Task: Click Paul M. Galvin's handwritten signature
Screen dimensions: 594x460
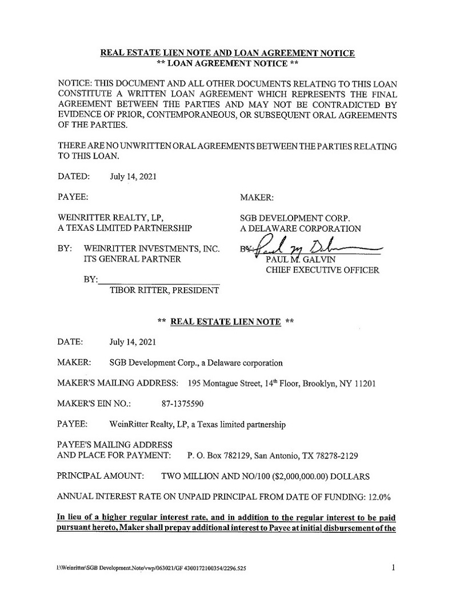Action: (x=309, y=248)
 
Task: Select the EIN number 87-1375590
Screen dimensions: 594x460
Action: (x=184, y=404)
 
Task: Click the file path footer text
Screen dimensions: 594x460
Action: (x=152, y=569)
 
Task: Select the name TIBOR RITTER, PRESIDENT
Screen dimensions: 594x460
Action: (x=161, y=291)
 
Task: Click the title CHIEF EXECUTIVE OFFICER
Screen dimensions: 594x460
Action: (x=322, y=270)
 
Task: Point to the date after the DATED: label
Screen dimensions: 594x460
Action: (x=131, y=176)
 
